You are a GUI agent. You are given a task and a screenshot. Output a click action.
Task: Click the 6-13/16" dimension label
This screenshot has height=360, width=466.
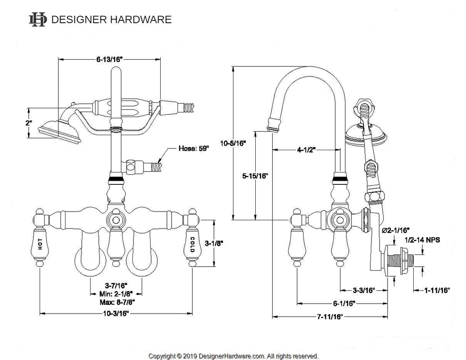[110, 59]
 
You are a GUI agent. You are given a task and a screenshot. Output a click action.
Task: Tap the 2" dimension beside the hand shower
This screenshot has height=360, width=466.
[29, 123]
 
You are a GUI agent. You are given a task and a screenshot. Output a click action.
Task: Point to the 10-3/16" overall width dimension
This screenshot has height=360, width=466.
[116, 314]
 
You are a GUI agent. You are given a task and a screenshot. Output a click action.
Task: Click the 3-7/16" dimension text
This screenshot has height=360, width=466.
[116, 286]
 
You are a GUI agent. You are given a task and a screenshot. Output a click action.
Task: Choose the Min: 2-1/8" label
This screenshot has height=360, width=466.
[116, 294]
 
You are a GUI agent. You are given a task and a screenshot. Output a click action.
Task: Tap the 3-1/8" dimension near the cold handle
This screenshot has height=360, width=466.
[213, 243]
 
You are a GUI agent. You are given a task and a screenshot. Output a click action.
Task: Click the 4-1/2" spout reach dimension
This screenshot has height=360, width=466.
[306, 150]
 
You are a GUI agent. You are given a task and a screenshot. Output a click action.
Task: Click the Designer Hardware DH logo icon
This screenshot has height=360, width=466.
[38, 20]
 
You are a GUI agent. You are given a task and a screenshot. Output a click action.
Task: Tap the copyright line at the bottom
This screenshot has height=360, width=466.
[233, 355]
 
